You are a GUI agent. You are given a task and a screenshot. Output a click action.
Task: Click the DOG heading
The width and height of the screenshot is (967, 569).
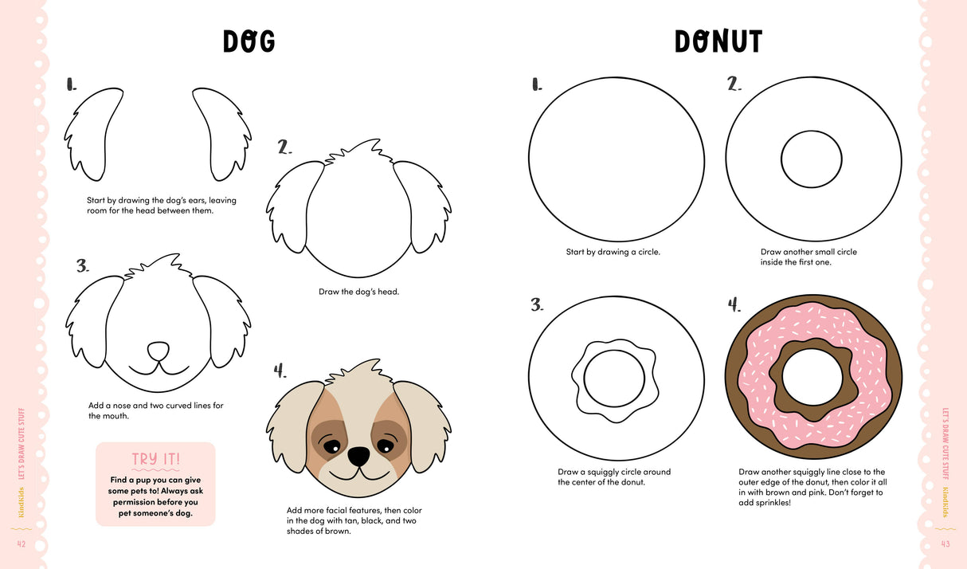pyautogui.click(x=249, y=41)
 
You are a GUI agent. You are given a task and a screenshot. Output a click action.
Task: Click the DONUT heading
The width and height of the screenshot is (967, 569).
pyautogui.click(x=718, y=41)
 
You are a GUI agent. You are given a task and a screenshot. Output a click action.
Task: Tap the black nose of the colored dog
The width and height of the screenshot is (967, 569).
pyautogui.click(x=358, y=455)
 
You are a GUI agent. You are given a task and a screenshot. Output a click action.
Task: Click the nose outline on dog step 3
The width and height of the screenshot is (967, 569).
pyautogui.click(x=159, y=350)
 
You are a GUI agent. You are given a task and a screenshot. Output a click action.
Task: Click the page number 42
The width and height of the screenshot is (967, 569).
pyautogui.click(x=22, y=543)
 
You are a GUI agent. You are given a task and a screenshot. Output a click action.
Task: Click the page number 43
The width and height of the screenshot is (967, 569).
pyautogui.click(x=945, y=543)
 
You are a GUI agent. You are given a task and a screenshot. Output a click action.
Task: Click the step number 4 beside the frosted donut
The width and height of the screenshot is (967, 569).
pyautogui.click(x=734, y=304)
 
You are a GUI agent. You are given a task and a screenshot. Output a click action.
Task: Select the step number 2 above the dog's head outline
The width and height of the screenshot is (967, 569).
pyautogui.click(x=284, y=147)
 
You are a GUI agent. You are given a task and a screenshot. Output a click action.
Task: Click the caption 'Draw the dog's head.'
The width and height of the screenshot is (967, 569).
pyautogui.click(x=358, y=292)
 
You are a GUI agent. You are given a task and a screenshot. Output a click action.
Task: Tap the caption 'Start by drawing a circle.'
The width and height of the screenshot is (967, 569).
pyautogui.click(x=613, y=252)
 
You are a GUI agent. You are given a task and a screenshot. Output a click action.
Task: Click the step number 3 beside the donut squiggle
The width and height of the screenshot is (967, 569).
pyautogui.click(x=537, y=304)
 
